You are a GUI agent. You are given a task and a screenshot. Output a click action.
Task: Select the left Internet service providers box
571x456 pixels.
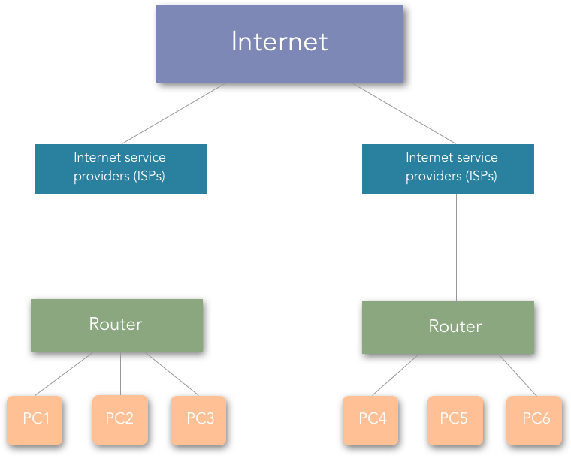(x=120, y=169)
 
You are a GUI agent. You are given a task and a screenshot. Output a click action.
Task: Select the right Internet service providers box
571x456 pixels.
(x=448, y=169)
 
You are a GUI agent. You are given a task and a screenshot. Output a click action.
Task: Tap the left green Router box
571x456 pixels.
(x=116, y=325)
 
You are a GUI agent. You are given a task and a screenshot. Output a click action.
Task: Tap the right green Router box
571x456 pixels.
(x=448, y=328)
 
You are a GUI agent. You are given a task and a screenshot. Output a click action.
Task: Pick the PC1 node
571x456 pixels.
(x=35, y=419)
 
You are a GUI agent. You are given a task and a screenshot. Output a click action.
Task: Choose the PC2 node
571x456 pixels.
(x=119, y=419)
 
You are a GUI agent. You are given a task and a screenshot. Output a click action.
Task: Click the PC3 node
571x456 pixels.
(x=198, y=419)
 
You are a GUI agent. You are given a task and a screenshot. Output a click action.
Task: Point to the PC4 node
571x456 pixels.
(x=371, y=419)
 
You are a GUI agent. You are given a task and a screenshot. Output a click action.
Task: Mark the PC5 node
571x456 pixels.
(x=455, y=419)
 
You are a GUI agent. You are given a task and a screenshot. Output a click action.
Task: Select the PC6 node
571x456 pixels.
(x=534, y=419)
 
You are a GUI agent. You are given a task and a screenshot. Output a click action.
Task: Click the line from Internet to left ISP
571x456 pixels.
(x=174, y=113)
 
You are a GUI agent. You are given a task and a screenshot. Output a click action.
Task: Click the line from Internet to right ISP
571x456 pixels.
(x=403, y=113)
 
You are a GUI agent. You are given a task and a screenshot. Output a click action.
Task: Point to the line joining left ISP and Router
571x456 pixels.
(x=122, y=246)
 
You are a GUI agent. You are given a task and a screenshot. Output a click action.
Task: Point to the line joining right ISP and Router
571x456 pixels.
(x=457, y=248)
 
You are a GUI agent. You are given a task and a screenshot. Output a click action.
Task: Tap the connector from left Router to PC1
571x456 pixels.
(x=65, y=373)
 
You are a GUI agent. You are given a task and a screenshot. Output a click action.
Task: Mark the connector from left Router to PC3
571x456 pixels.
(x=172, y=373)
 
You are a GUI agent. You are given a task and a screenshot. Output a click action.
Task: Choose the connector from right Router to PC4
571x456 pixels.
(x=395, y=374)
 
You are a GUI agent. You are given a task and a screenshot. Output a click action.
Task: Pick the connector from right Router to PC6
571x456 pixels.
(x=518, y=374)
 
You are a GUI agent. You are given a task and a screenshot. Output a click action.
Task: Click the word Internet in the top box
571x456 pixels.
(x=279, y=41)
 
